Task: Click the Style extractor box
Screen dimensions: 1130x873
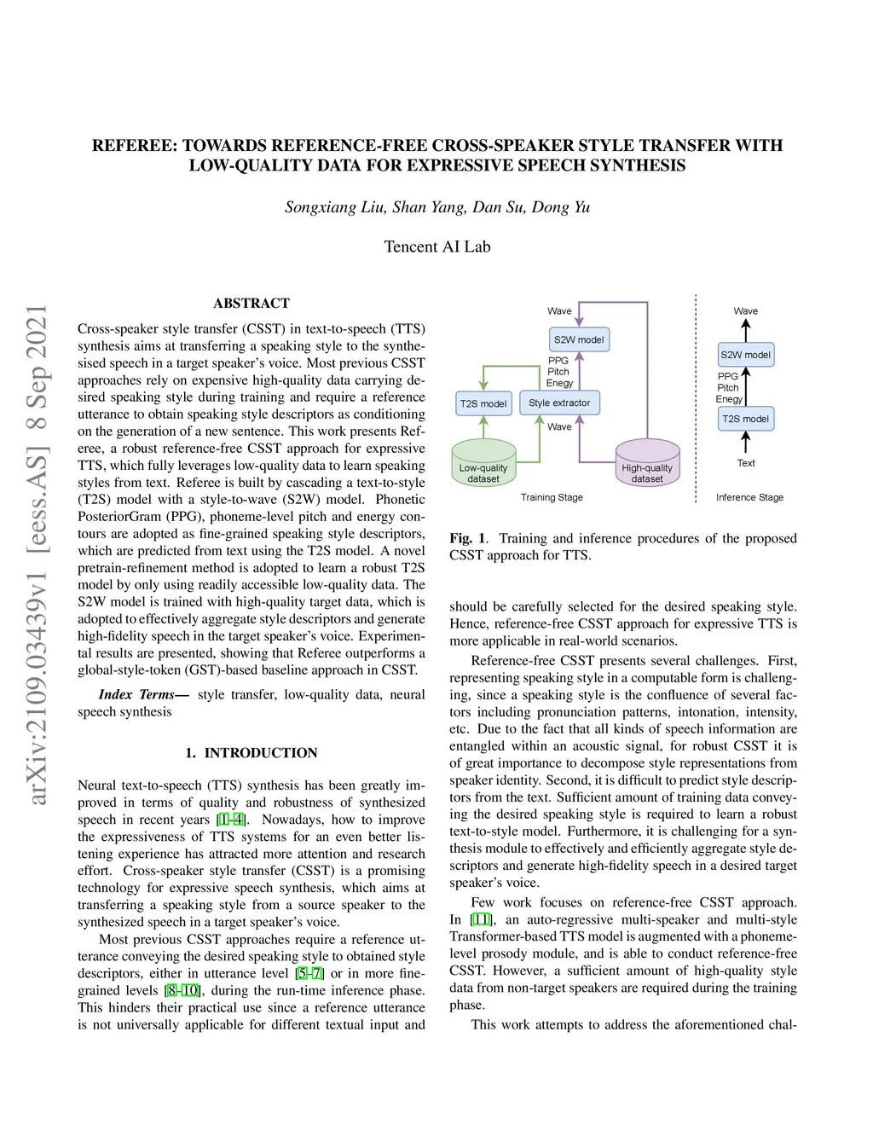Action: (x=559, y=403)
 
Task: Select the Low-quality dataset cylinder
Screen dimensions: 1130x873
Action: (x=483, y=464)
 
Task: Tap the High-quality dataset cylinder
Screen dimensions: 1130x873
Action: (x=647, y=464)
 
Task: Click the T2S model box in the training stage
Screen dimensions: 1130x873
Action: (x=483, y=403)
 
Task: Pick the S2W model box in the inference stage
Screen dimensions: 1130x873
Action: (x=745, y=355)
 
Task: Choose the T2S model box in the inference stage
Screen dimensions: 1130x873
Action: (x=745, y=419)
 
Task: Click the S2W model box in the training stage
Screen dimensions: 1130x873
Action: (x=579, y=339)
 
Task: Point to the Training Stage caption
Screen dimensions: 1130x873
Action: (x=552, y=497)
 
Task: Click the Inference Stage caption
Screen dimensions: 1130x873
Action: (x=749, y=497)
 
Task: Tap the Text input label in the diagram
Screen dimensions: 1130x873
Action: (x=746, y=463)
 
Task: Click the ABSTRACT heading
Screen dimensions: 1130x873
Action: (x=251, y=303)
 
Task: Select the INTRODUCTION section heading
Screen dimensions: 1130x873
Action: (x=260, y=753)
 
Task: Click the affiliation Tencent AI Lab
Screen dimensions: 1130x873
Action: (x=437, y=246)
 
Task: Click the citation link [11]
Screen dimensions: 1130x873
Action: (x=482, y=919)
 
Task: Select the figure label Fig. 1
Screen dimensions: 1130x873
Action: (x=468, y=538)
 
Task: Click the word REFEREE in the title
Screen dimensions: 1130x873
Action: (x=135, y=146)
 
